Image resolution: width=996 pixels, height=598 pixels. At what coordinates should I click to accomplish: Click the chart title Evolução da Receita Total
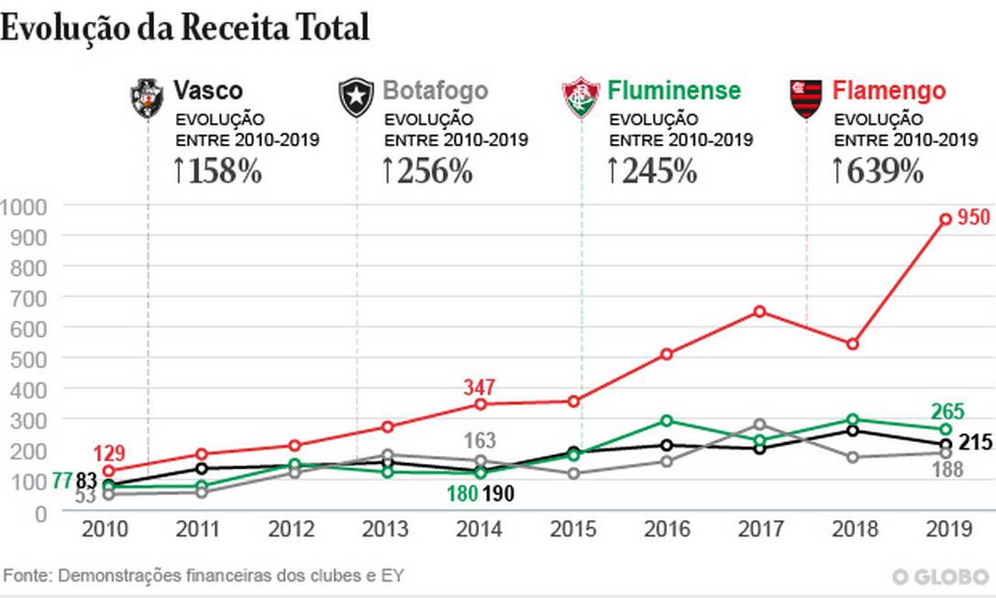coord(184,28)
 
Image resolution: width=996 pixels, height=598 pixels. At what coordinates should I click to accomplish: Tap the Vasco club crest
coord(147,98)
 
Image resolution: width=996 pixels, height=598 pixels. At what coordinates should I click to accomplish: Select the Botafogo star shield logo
coord(356,98)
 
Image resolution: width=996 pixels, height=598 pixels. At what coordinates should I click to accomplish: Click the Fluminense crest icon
coord(581,98)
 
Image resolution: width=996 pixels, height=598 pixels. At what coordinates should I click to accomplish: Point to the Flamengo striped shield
coord(806,98)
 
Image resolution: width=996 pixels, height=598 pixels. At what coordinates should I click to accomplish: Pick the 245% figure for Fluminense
coord(652,172)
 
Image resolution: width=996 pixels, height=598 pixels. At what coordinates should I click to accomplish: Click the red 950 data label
coord(973,218)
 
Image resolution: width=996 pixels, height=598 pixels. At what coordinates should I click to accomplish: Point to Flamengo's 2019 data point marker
coord(945,219)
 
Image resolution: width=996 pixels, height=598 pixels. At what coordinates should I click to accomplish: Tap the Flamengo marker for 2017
coord(759,311)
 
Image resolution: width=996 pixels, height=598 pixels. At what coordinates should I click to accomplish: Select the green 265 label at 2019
coord(973,412)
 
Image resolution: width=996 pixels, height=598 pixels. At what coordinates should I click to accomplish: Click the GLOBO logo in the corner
coord(941,576)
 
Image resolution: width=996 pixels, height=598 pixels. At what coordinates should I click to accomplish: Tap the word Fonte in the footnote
coord(27,576)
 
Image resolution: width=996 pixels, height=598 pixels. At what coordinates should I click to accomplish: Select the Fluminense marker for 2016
coord(667,421)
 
